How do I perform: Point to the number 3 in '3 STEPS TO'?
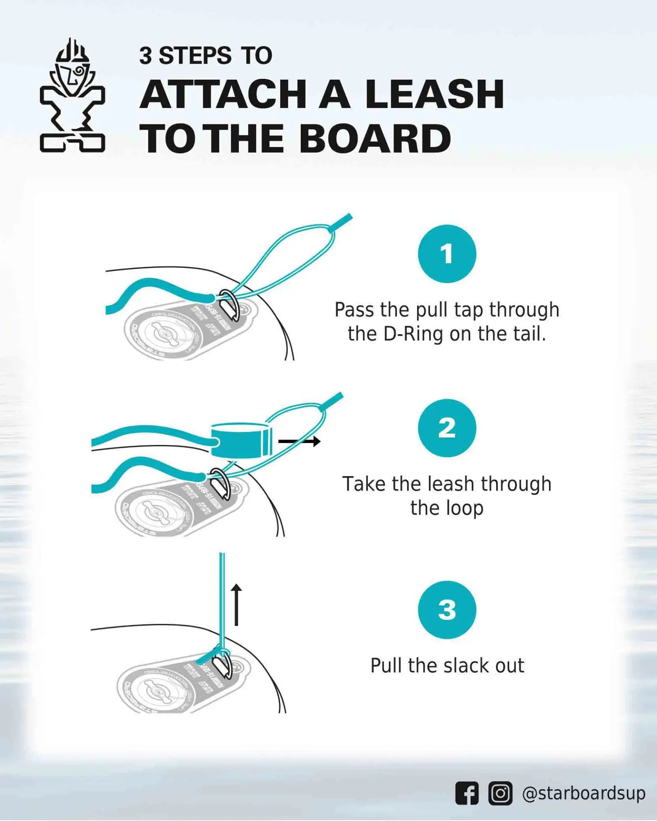145,56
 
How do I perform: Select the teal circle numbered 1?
447,254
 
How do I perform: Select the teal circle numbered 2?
447,428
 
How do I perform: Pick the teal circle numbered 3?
447,610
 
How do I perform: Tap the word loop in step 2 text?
465,508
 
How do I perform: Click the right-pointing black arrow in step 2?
300,441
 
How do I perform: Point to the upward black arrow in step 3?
236,605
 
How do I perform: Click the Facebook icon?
467,793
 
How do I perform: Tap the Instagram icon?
500,793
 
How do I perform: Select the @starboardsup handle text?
583,793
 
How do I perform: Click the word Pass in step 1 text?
354,310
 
